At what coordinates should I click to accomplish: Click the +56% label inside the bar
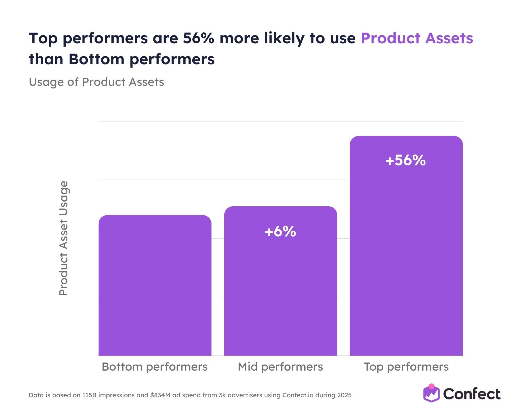pyautogui.click(x=405, y=160)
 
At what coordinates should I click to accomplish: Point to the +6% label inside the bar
pyautogui.click(x=280, y=231)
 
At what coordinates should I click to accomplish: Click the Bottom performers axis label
pyautogui.click(x=154, y=367)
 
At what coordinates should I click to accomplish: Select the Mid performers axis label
pyautogui.click(x=280, y=367)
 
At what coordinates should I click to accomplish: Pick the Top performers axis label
pyautogui.click(x=406, y=367)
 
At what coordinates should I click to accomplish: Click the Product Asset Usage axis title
pyautogui.click(x=63, y=238)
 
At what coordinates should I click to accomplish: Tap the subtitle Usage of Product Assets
pyautogui.click(x=96, y=82)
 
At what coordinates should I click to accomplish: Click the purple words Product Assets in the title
pyautogui.click(x=417, y=38)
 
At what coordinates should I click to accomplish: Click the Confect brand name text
pyautogui.click(x=472, y=394)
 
